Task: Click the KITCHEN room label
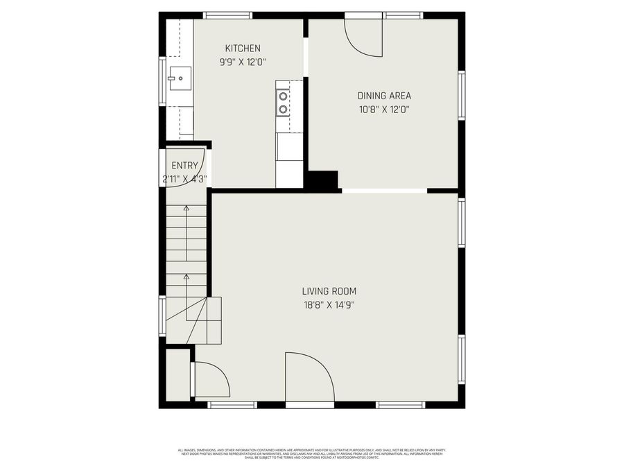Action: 243,48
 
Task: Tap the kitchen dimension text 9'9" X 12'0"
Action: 243,61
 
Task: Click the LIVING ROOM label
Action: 329,291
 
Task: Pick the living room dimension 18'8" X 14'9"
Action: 329,304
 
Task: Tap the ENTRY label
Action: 184,166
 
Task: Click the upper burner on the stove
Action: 283,96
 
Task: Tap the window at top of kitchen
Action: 228,15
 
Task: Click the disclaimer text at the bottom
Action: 312,453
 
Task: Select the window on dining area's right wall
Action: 461,95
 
